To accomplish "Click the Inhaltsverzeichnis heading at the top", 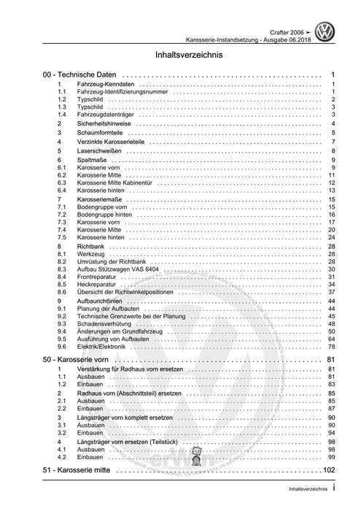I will tap(180, 54).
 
